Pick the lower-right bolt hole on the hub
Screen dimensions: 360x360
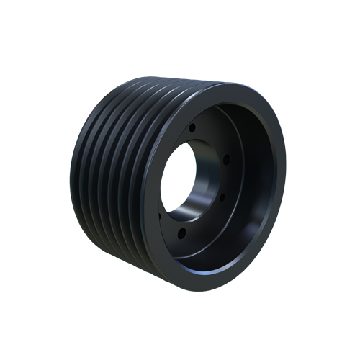tap(222, 197)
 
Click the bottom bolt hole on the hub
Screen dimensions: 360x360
tap(183, 232)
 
